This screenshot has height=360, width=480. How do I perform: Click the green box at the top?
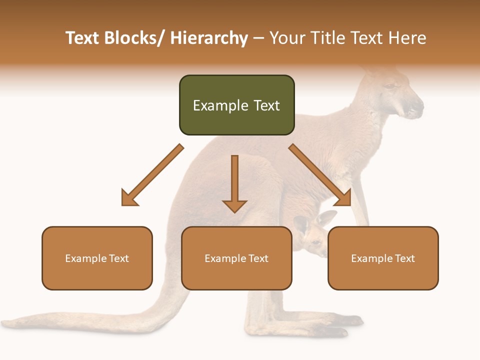click(236, 105)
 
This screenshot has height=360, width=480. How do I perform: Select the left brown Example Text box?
click(97, 258)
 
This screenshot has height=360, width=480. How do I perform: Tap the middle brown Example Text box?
click(236, 258)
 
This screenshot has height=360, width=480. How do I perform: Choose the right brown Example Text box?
click(383, 258)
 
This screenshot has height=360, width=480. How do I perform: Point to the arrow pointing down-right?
click(320, 175)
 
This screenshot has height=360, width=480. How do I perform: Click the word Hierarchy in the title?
click(208, 38)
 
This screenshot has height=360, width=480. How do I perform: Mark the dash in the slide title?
click(258, 38)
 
